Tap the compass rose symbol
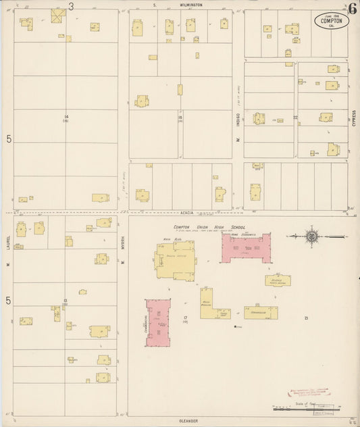(311, 236)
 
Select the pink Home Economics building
(247, 248)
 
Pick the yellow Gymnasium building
(261, 312)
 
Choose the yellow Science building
(278, 280)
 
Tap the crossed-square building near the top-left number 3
(57, 16)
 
